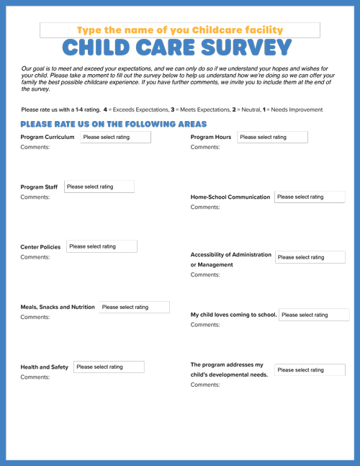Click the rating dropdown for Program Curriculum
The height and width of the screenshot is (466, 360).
click(x=115, y=137)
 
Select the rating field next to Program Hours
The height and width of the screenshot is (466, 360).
click(x=271, y=137)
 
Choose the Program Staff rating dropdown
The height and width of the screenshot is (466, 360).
click(x=99, y=187)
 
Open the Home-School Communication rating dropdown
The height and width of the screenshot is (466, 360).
click(x=309, y=197)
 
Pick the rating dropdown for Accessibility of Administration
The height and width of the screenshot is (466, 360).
click(x=310, y=257)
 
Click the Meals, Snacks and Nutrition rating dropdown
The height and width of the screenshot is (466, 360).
click(x=134, y=307)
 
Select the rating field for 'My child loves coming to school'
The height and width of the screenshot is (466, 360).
click(x=313, y=315)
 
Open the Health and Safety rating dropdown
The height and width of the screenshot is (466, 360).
click(x=108, y=367)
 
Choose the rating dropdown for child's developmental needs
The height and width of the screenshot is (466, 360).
click(x=309, y=369)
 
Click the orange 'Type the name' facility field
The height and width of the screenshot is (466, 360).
click(x=180, y=30)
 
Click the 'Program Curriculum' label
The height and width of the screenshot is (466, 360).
click(x=48, y=137)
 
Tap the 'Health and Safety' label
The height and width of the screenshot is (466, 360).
click(x=45, y=367)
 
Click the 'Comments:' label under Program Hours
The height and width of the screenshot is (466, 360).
click(x=205, y=147)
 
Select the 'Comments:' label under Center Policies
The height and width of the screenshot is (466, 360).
click(x=35, y=257)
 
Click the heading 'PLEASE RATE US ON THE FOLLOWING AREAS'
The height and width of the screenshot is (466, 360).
click(x=114, y=124)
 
